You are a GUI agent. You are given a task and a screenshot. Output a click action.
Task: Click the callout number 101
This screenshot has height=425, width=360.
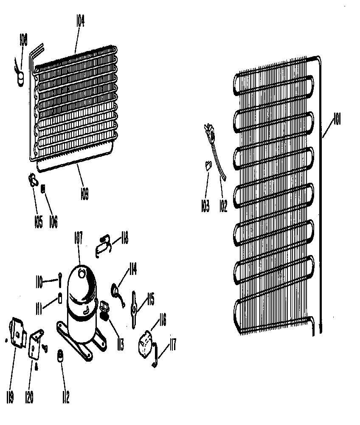337,120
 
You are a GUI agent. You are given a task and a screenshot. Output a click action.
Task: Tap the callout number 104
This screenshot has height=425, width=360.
80,21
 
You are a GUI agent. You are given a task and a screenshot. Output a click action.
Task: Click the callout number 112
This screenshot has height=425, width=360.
65,397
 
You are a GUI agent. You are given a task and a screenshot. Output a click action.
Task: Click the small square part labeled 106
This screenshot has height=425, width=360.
43,190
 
